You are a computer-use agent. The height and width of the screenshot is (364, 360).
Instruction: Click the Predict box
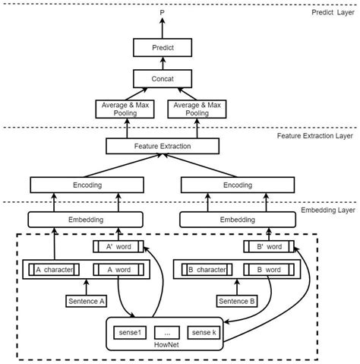(163, 48)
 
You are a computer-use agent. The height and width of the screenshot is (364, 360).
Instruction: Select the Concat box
(163, 78)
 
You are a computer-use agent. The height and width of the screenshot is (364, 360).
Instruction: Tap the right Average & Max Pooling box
(198, 109)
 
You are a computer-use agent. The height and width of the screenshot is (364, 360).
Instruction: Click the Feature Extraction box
(163, 145)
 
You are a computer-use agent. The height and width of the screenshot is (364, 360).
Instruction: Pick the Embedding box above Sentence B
(237, 220)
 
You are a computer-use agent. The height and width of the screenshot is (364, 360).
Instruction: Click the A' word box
(118, 246)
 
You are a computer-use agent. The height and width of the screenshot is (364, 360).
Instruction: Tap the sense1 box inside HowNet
(128, 332)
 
